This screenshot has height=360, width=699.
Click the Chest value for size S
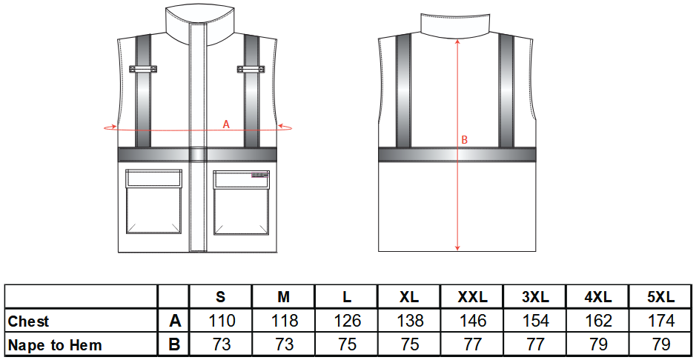point(221,321)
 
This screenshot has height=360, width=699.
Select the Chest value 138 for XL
point(410,321)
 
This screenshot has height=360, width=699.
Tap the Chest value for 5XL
point(661,321)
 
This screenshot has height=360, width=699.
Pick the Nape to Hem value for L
point(347,344)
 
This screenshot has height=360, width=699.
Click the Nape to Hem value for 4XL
point(598,344)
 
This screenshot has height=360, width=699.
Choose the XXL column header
point(472,297)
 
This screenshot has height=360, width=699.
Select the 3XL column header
point(535,297)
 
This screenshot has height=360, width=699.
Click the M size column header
point(284,297)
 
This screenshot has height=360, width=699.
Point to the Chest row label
point(28,321)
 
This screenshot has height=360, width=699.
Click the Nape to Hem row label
point(56,345)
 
